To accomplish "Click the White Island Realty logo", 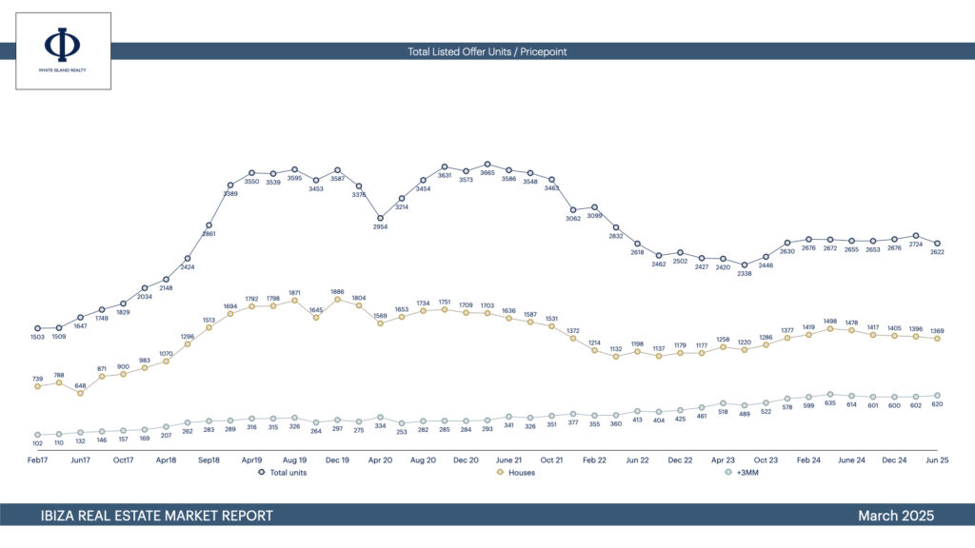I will point(63,50).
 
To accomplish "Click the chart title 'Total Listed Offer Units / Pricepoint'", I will point(487,51).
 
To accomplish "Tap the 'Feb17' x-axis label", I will point(37,460).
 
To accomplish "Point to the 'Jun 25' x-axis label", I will point(937,460).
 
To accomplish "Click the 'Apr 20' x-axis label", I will point(380,460).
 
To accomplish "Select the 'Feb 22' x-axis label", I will point(594,460).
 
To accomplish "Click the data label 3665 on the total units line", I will point(487,173).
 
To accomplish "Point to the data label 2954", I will point(380,227).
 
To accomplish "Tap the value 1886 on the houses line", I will point(337,291).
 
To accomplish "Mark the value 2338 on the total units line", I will point(745,274).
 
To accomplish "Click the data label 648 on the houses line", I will point(80,385).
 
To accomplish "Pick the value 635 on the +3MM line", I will point(830,402).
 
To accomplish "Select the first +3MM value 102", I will point(37,443).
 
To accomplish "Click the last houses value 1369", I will point(937,330).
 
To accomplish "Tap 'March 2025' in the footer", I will point(895,516).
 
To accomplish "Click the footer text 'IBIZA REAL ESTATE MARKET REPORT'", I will point(157,516).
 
